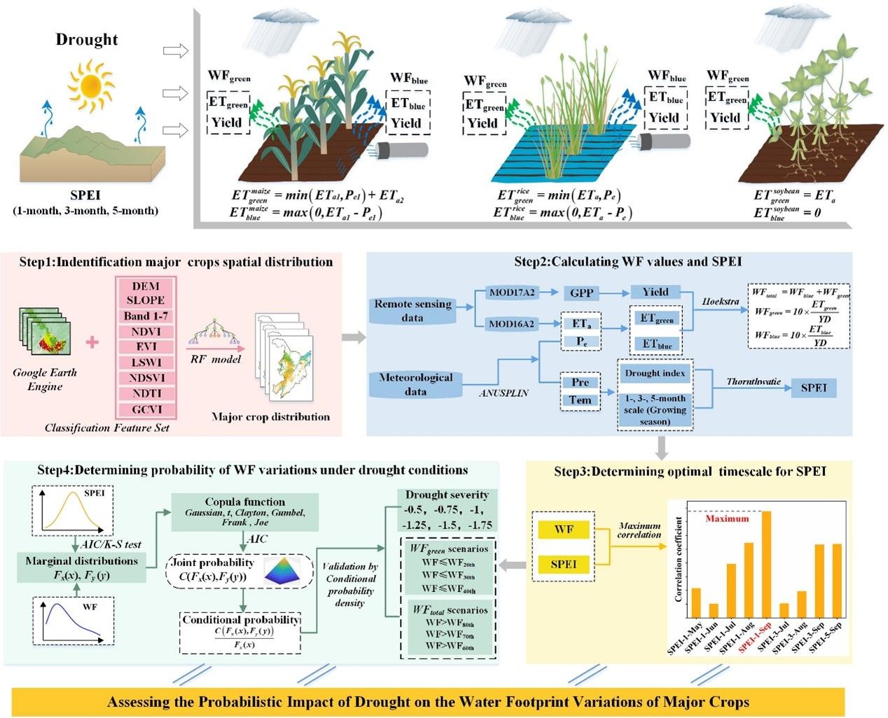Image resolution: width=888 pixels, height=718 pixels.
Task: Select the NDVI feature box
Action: (145, 331)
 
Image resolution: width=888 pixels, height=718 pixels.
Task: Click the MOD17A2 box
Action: (512, 293)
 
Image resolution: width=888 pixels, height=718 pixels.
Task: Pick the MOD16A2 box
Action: (512, 324)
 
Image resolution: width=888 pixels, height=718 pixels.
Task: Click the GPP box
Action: (581, 293)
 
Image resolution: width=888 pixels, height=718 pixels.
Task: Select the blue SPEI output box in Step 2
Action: (813, 388)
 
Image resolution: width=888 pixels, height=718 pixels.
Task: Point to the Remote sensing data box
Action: (412, 310)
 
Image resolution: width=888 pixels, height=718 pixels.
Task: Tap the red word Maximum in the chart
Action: (726, 519)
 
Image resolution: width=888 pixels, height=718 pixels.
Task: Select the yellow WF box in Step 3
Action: (564, 530)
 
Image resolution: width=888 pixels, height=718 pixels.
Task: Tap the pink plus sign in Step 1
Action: (92, 343)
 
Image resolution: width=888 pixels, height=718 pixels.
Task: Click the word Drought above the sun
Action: (87, 40)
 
